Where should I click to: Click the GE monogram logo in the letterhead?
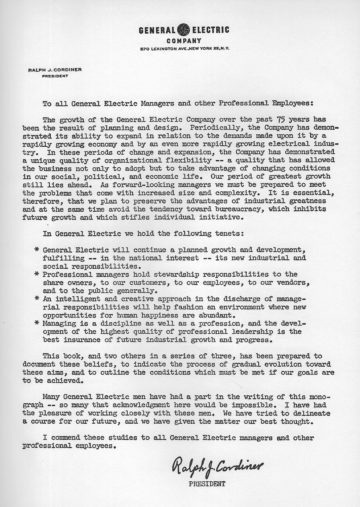(x=184, y=30)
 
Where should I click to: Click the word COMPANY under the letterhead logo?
(x=184, y=41)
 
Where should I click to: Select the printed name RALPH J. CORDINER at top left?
(x=55, y=70)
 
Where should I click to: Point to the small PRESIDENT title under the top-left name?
(x=55, y=76)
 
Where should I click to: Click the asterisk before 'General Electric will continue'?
(x=37, y=250)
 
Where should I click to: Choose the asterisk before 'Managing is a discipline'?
(x=37, y=324)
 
